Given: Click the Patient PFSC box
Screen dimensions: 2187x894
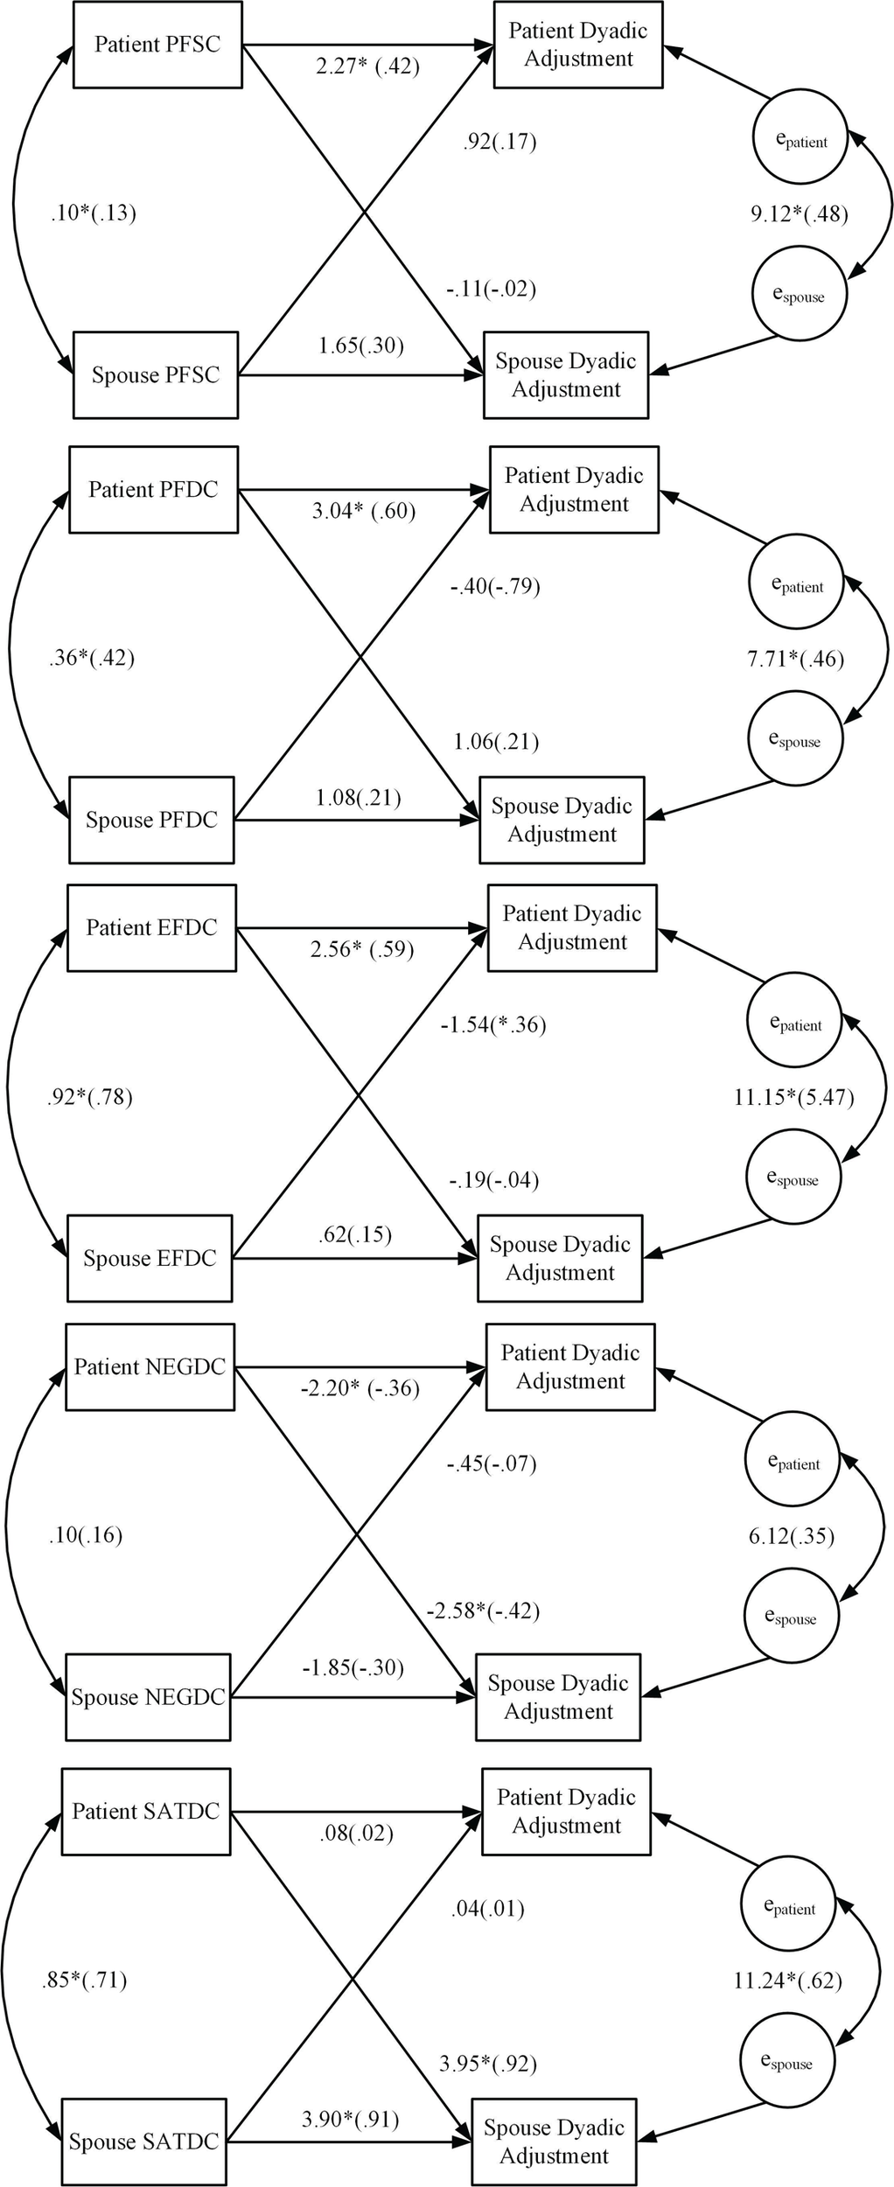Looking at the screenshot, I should tap(157, 45).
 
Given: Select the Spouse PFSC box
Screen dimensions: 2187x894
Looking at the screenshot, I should tap(155, 375).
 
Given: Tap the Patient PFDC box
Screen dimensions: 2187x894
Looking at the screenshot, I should tap(153, 490).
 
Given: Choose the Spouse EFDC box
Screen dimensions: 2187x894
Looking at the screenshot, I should tap(150, 1259).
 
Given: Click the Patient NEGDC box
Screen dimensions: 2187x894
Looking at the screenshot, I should tap(150, 1367).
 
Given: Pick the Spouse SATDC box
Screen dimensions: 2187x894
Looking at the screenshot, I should tap(143, 2142).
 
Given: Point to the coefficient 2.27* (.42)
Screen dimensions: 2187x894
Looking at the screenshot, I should tap(367, 66).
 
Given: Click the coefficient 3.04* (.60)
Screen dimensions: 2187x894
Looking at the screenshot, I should tap(363, 511).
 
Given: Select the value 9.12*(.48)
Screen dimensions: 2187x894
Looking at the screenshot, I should tap(799, 214).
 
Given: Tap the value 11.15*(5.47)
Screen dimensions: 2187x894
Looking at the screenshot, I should tap(793, 1097).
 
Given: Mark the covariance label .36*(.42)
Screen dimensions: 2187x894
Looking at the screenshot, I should tap(92, 658).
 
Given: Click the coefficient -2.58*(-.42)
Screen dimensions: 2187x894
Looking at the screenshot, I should tap(483, 1611).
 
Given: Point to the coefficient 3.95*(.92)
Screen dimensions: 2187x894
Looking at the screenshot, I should tap(487, 2064).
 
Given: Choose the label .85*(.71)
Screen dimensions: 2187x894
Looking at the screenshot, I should tap(84, 1980).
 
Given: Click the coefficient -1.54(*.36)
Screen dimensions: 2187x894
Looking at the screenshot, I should tap(492, 1024).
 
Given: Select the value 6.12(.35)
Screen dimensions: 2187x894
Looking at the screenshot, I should tap(791, 1536).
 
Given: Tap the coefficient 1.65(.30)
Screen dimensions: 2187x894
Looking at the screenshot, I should tap(360, 346).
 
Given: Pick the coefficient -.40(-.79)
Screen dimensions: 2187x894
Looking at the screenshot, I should tap(494, 586).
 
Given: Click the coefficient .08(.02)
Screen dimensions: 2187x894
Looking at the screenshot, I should tap(356, 1833).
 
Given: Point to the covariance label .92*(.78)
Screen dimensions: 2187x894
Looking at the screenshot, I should tap(89, 1097).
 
